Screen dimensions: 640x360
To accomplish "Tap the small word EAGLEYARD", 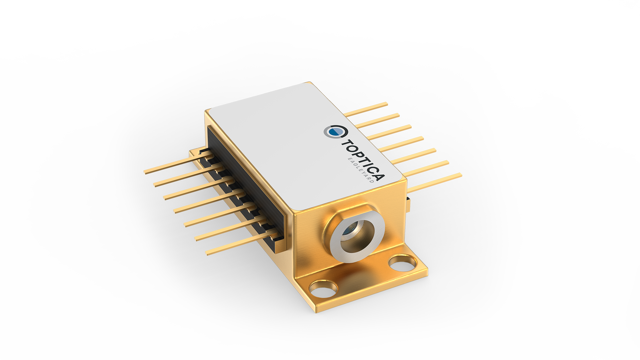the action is coord(361,169).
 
